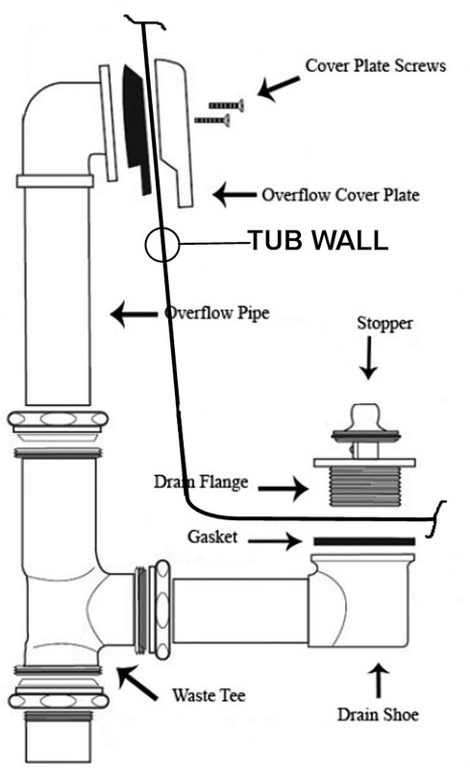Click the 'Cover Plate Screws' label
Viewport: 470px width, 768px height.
coord(376,65)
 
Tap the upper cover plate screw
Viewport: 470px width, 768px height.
coord(226,106)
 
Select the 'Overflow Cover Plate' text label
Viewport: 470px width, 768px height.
coord(340,195)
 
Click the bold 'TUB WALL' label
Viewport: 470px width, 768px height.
coord(319,241)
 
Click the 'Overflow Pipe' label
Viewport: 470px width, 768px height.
coord(217,313)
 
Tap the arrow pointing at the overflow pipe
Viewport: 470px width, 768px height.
coord(134,314)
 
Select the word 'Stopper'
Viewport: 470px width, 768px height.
coord(384,324)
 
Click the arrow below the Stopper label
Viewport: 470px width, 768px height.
coord(368,358)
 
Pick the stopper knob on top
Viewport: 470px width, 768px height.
coord(366,416)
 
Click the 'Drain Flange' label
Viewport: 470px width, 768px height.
coord(201,482)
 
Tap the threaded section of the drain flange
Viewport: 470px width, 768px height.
coord(364,487)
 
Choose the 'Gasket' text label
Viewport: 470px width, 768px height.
coord(212,537)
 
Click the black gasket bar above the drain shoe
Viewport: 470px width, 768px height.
coord(364,541)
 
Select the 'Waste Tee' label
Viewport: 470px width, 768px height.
coord(209,695)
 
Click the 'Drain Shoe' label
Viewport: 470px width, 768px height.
coord(378,714)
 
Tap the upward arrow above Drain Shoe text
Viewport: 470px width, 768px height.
coord(379,680)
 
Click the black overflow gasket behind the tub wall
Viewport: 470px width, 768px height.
coord(137,129)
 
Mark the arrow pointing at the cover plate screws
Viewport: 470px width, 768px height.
coord(278,87)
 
